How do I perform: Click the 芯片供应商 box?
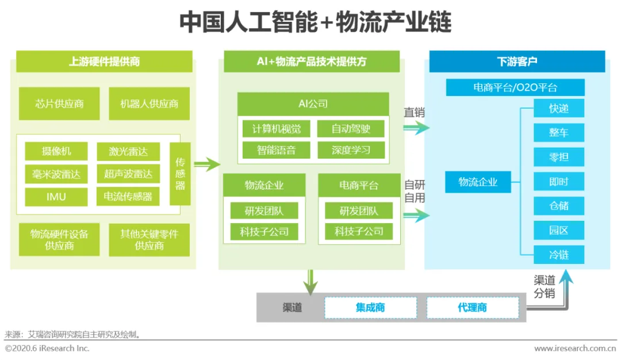click(x=59, y=104)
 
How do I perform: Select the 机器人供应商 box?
click(x=149, y=104)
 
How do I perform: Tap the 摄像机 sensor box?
click(x=56, y=151)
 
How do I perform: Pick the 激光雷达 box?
click(x=128, y=151)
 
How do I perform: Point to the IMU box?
click(x=56, y=197)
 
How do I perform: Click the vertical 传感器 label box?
click(x=180, y=174)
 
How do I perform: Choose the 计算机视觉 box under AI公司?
click(x=273, y=129)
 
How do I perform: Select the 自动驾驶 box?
click(x=351, y=129)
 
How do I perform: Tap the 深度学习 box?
click(x=351, y=151)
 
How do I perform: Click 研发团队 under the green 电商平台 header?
click(x=359, y=210)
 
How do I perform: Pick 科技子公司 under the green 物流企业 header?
click(x=264, y=232)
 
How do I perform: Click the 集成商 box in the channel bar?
click(x=370, y=308)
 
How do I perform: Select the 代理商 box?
click(x=472, y=308)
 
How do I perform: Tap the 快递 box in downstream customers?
click(x=558, y=108)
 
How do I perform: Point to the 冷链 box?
click(x=558, y=254)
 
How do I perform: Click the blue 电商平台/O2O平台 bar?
click(x=515, y=87)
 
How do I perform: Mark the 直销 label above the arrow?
click(x=414, y=113)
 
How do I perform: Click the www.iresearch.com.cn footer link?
click(x=574, y=348)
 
